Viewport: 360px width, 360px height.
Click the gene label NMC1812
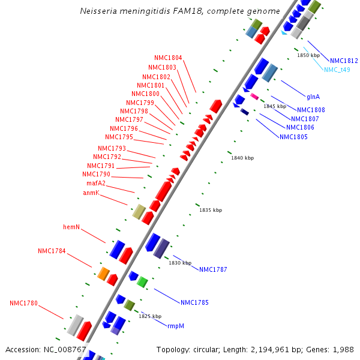(344, 61)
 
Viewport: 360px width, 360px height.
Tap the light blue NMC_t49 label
(337, 70)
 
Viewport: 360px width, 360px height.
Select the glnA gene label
(313, 96)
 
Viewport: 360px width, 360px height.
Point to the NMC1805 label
(293, 137)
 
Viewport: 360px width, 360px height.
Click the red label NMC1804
(168, 58)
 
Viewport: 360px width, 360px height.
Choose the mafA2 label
(96, 183)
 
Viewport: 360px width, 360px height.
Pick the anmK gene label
(91, 193)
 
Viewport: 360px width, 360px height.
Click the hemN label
(71, 227)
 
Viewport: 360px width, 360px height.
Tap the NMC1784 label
(52, 251)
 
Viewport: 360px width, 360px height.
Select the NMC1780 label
(23, 303)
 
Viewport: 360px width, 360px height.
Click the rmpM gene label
(176, 326)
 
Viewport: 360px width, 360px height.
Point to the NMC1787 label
(213, 269)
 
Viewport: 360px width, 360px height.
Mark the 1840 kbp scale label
(242, 158)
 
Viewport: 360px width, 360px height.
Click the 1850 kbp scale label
(308, 55)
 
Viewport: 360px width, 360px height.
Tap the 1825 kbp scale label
(150, 316)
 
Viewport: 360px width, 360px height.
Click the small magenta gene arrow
(254, 96)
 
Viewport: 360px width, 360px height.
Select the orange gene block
(103, 274)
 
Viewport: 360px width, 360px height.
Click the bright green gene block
(142, 281)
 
